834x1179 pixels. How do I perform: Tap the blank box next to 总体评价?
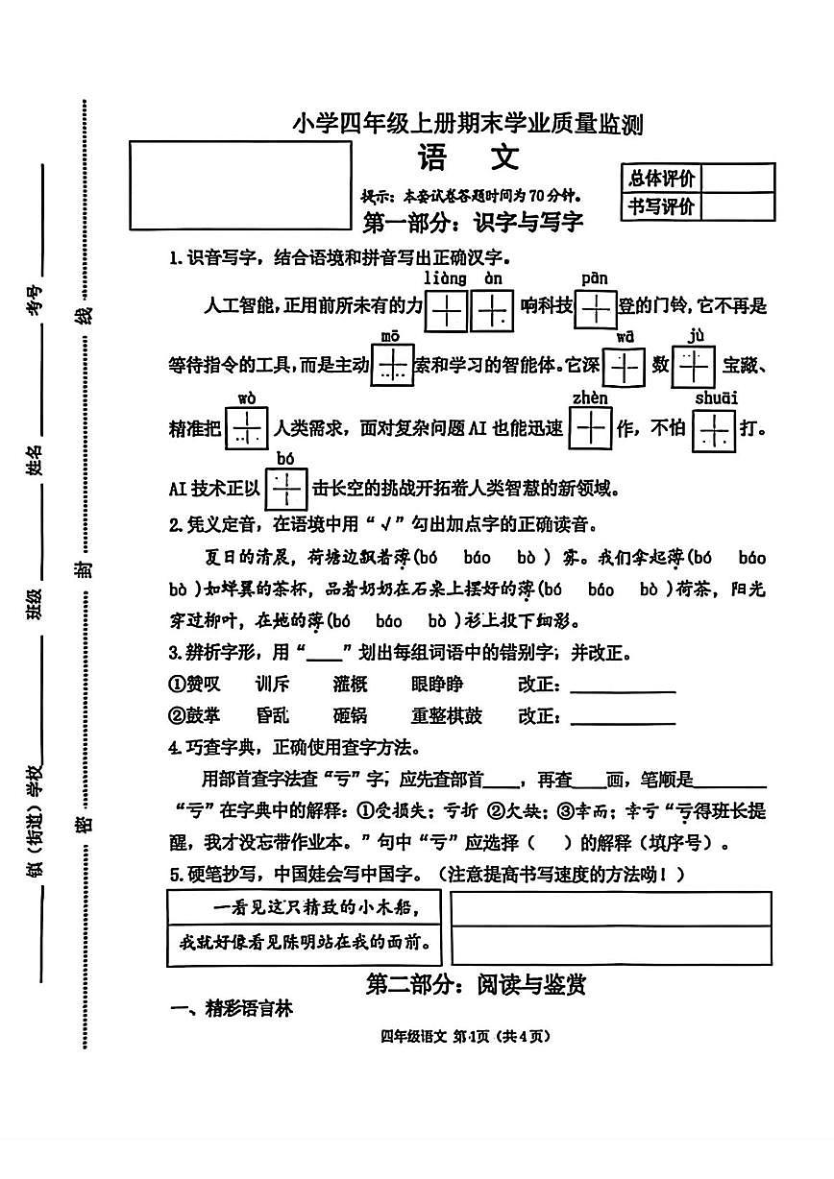(x=738, y=179)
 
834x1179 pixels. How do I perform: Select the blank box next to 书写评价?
(x=738, y=206)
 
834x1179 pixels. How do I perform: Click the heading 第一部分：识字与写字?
(x=473, y=224)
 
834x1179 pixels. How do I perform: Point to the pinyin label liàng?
(x=444, y=278)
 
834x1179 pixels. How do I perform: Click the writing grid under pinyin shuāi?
(x=714, y=429)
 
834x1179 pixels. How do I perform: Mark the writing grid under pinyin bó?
(x=285, y=489)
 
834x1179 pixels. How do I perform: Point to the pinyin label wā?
(x=625, y=336)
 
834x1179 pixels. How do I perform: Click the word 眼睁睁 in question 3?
(x=436, y=685)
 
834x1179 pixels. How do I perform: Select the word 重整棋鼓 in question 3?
(x=447, y=716)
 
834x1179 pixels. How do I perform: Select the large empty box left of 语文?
(x=240, y=185)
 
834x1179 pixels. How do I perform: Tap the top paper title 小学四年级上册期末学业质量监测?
(x=467, y=125)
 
